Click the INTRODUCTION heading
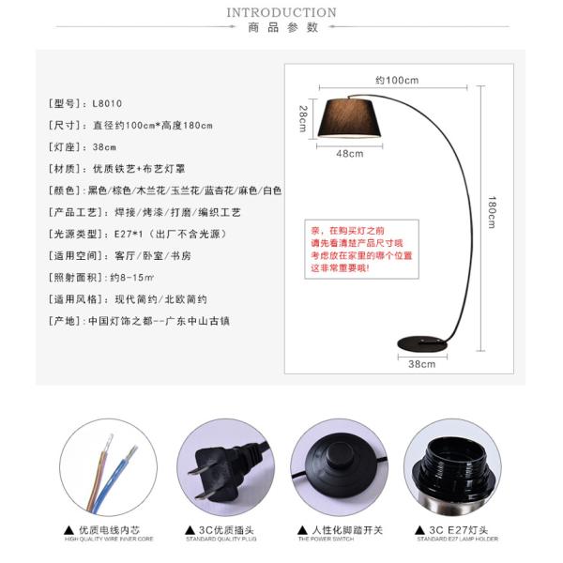pos(281,12)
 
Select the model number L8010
pos(107,103)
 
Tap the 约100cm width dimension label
pos(397,80)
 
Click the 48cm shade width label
pos(350,153)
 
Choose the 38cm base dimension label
pos(421,364)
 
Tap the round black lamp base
pos(422,342)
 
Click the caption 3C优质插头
pos(222,530)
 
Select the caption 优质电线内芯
pos(105,530)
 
